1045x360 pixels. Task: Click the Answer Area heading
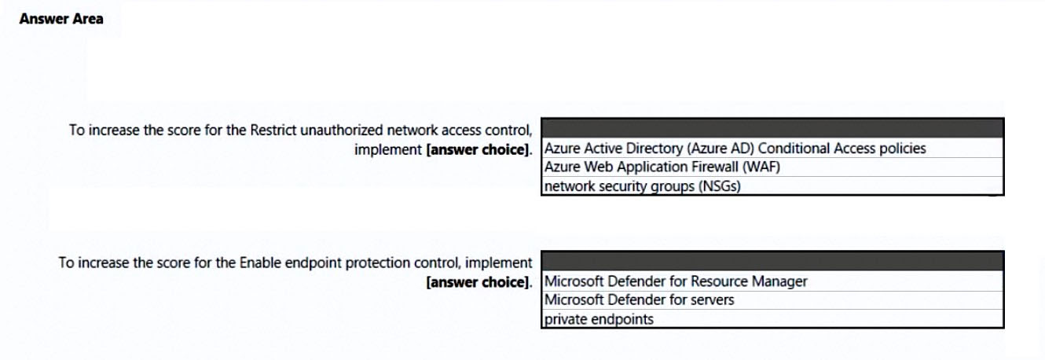61,19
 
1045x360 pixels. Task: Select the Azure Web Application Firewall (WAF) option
662,167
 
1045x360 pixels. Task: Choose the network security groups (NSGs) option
643,186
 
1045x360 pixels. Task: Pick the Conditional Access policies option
735,149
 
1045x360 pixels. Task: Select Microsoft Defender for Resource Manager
676,281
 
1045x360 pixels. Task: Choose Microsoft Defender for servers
639,299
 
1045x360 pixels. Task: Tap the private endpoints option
599,319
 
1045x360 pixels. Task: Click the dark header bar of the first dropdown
772,128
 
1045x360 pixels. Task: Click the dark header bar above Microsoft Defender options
772,261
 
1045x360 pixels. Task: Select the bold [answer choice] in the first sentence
479,150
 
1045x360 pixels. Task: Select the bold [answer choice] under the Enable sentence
479,282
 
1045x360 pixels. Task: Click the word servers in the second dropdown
712,300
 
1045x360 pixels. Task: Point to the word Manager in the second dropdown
779,281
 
